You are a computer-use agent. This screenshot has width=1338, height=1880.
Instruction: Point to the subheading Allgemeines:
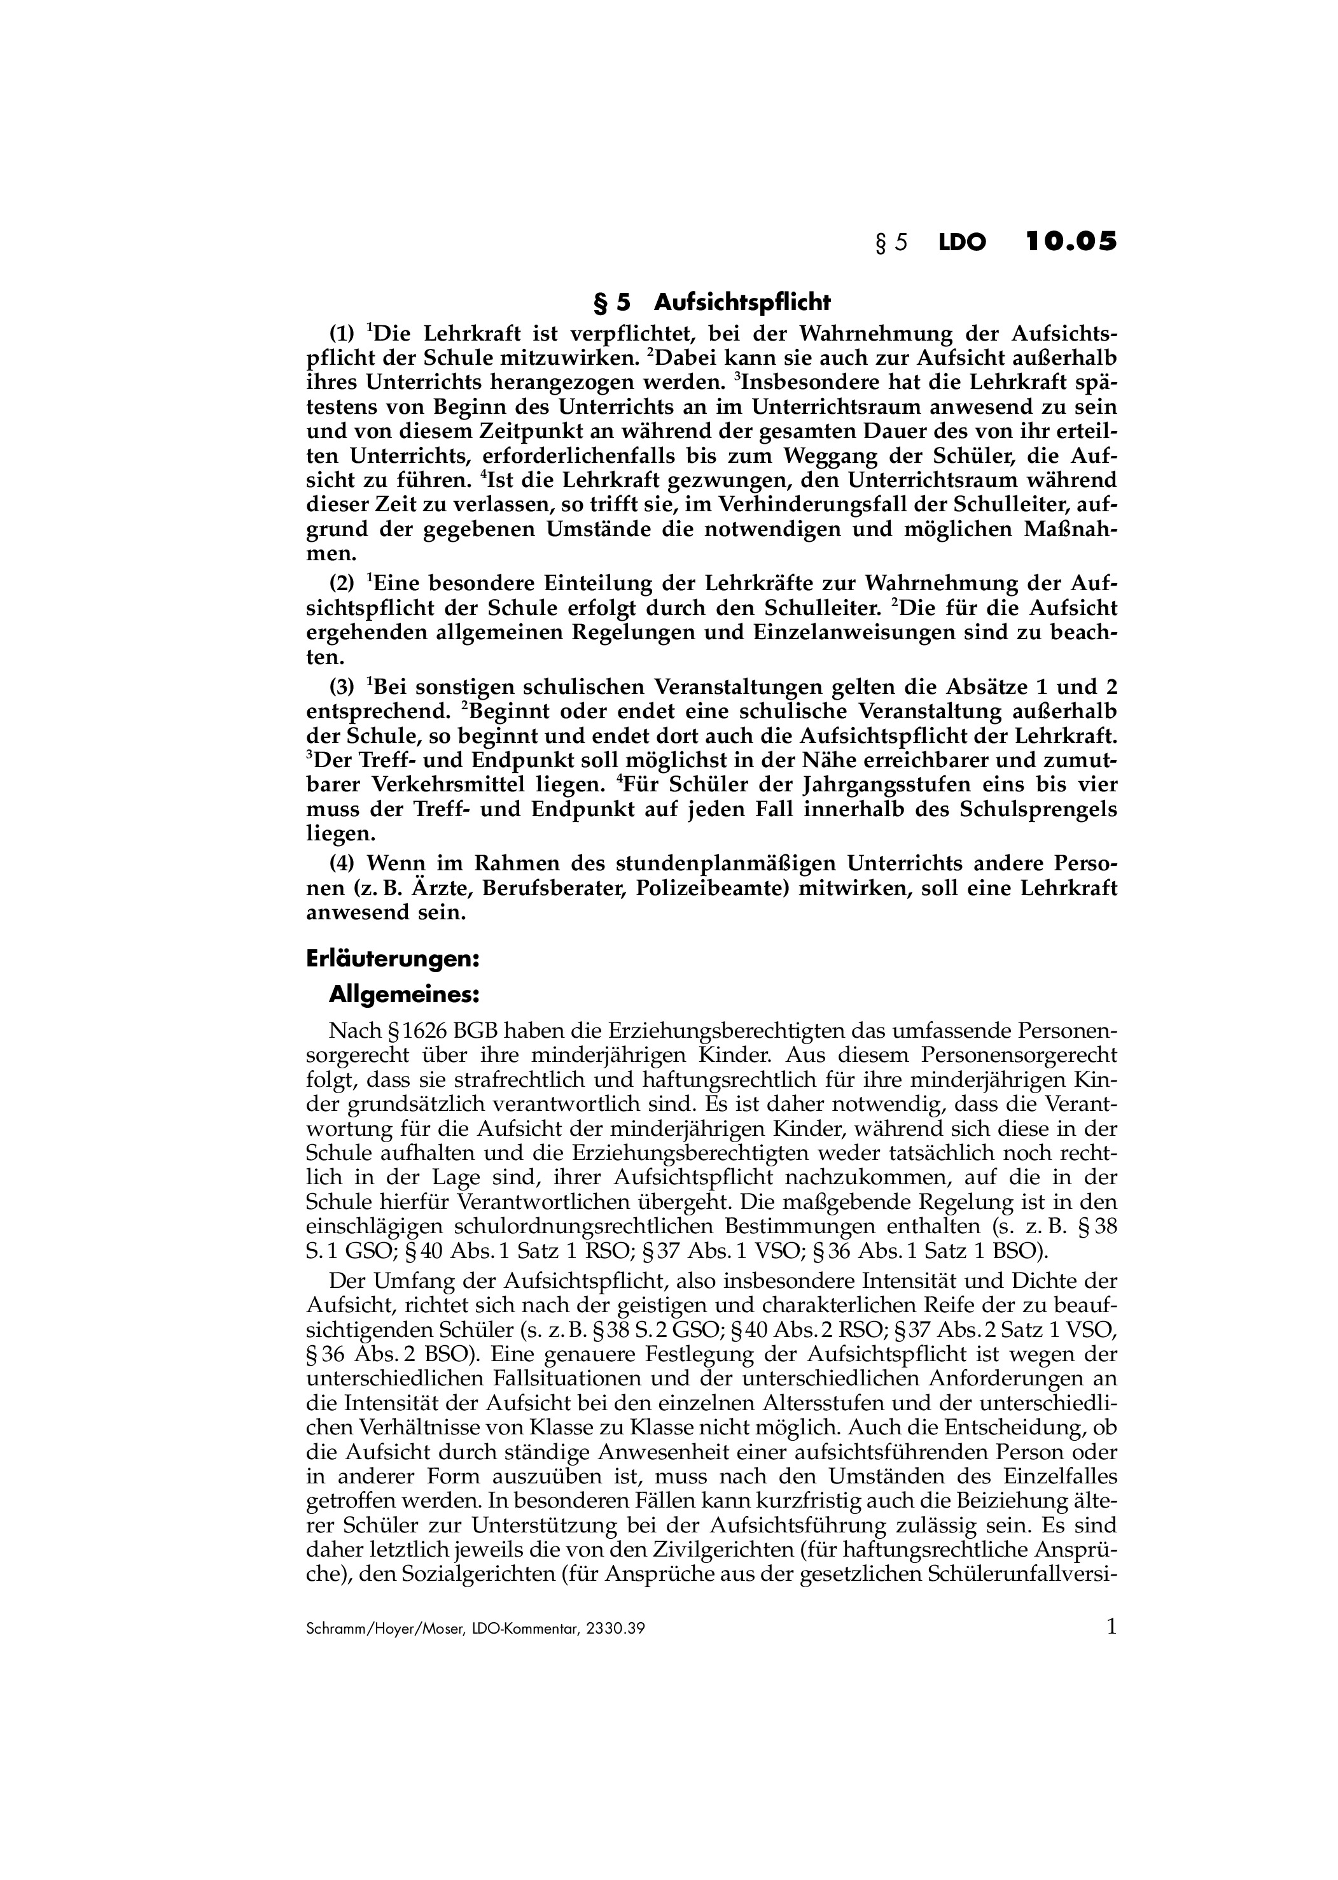click(x=404, y=995)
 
